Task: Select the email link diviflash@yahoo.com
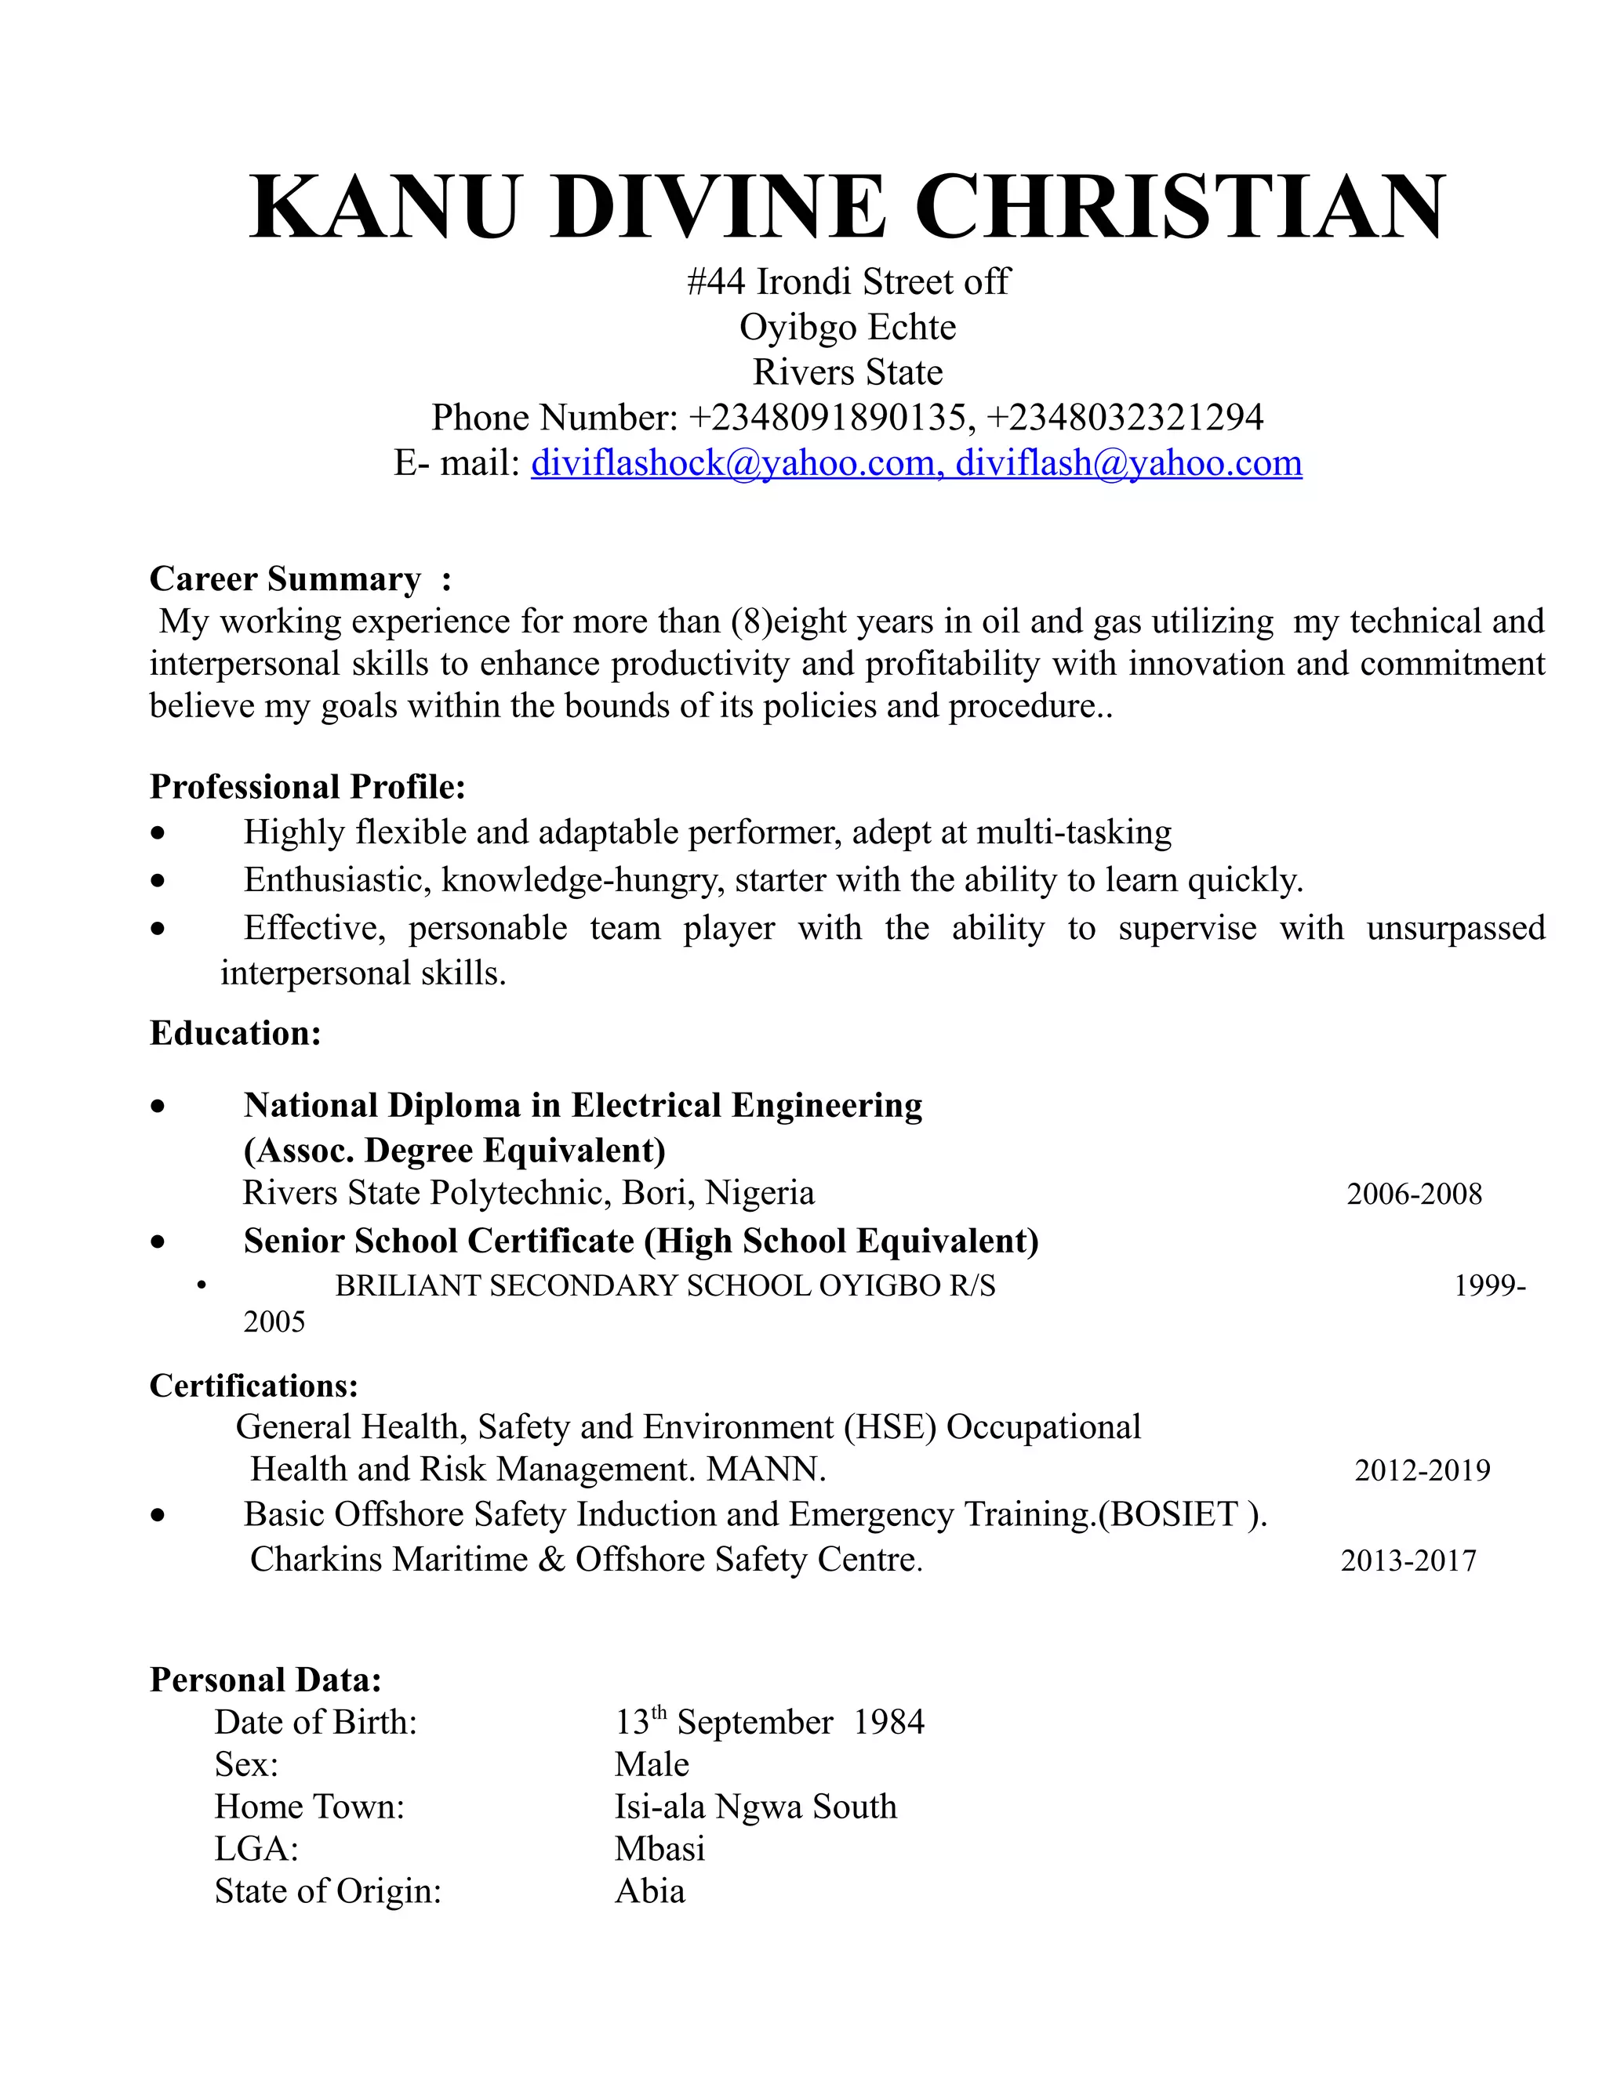1128,463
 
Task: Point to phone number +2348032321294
1125,418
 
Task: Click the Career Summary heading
285,579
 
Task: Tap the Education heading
235,1033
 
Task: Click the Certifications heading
254,1386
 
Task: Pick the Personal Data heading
266,1680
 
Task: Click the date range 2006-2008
1414,1194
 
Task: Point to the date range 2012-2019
1422,1471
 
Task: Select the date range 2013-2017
1408,1561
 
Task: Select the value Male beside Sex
652,1765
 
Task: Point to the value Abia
650,1891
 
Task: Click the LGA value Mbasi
659,1849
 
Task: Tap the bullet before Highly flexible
158,834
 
